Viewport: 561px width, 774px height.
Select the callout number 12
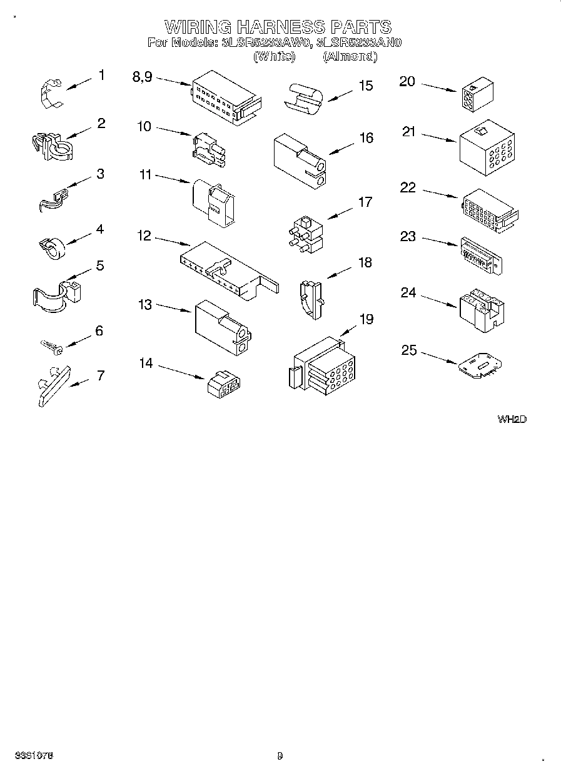point(144,236)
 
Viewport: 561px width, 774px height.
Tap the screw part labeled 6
point(49,345)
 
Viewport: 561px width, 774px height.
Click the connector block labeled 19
point(321,369)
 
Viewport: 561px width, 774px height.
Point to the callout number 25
point(408,350)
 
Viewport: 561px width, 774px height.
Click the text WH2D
point(512,419)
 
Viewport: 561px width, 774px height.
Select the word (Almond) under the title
point(350,57)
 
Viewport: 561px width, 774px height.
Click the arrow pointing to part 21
point(438,137)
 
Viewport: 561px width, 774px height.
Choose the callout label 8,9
point(142,76)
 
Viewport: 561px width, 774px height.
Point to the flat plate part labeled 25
point(479,367)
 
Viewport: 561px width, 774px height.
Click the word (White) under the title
point(273,57)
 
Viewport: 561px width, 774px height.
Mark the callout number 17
point(365,202)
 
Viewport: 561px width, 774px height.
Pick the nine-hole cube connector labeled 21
point(487,147)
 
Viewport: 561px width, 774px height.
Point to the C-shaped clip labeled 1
point(49,94)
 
